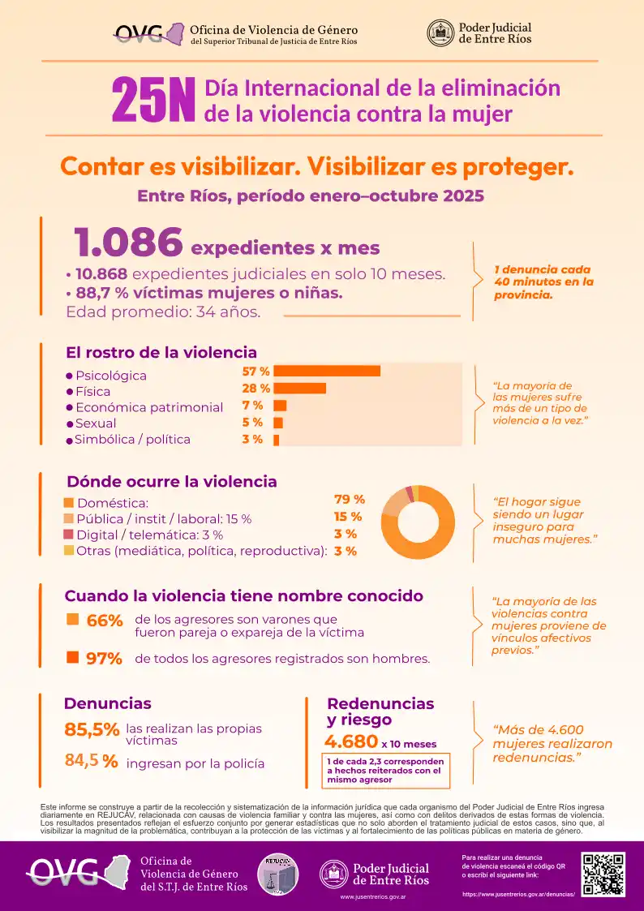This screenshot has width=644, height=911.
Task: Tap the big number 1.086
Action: tap(128, 242)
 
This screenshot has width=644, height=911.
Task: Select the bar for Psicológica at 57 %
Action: tap(327, 372)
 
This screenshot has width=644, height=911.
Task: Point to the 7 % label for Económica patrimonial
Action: tap(252, 406)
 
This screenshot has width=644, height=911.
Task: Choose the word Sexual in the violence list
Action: tap(96, 423)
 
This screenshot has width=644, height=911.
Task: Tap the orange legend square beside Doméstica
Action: tap(69, 503)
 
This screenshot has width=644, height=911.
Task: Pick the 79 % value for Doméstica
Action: tap(349, 500)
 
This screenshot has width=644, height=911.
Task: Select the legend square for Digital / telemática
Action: tap(69, 535)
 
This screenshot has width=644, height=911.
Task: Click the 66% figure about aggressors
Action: tap(103, 621)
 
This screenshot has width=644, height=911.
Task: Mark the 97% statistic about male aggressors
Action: tap(104, 659)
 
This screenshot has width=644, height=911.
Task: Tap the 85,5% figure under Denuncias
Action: tap(92, 729)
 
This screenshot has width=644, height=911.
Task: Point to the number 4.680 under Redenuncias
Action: tap(350, 741)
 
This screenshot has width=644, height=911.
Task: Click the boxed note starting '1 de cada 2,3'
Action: tap(385, 771)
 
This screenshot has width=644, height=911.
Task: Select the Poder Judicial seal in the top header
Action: tap(440, 32)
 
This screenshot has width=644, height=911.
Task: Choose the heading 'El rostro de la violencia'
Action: tap(161, 353)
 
